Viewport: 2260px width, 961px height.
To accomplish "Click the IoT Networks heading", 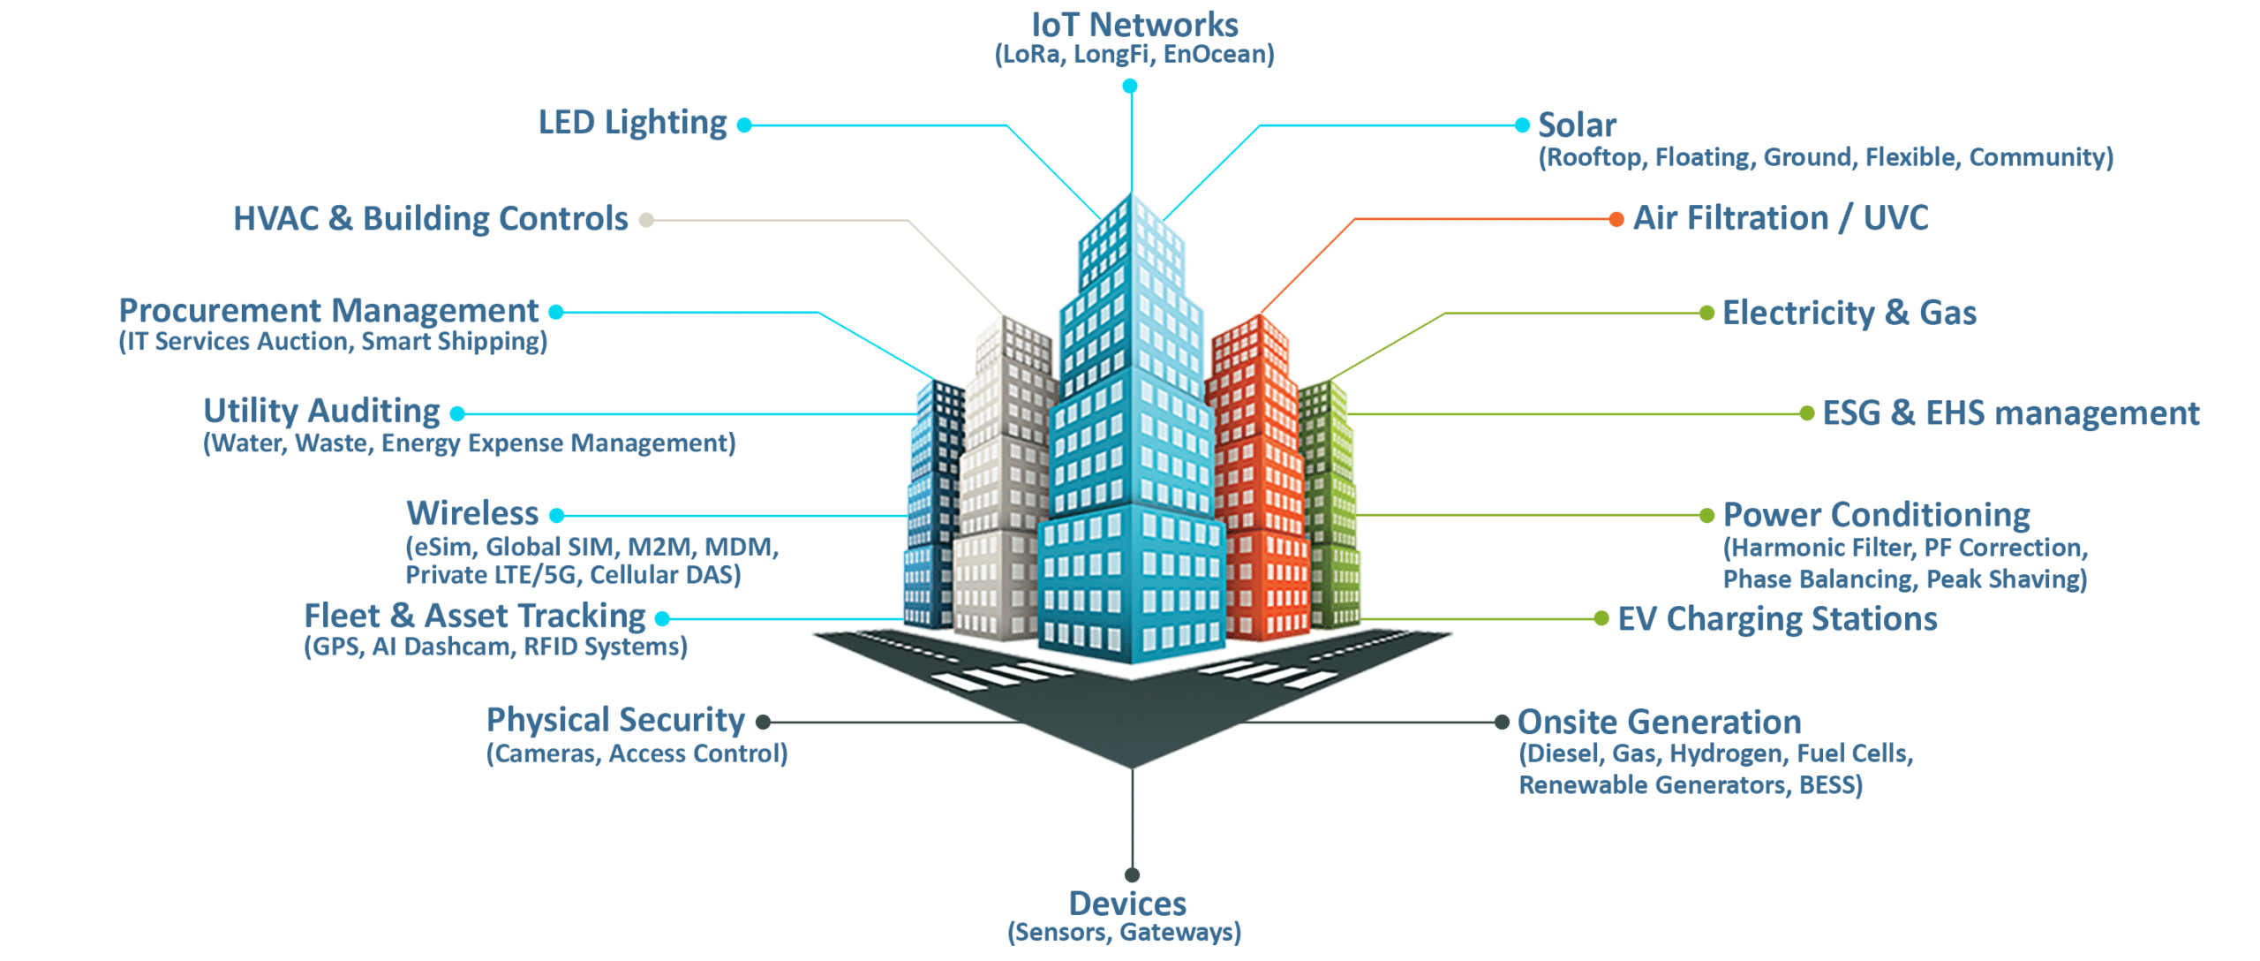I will pyautogui.click(x=1134, y=25).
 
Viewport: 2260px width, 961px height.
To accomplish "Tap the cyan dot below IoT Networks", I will pyautogui.click(x=1129, y=86).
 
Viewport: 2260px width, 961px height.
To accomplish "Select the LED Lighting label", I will pyautogui.click(x=632, y=123).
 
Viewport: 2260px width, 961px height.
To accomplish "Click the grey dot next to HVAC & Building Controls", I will pyautogui.click(x=646, y=220).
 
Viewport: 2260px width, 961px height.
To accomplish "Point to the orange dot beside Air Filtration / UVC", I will pyautogui.click(x=1616, y=219).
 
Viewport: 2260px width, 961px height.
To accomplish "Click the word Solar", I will pyautogui.click(x=1577, y=125).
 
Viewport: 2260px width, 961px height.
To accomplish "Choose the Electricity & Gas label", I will pyautogui.click(x=1849, y=313).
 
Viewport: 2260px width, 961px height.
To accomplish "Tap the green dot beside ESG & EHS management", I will pyautogui.click(x=1806, y=413).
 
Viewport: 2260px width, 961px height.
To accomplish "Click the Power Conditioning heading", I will pyautogui.click(x=1876, y=515).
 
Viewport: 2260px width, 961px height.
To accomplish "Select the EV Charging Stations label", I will pyautogui.click(x=1776, y=619).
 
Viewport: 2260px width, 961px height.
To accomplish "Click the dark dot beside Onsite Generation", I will pyautogui.click(x=1501, y=723).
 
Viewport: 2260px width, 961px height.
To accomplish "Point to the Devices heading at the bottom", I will pyautogui.click(x=1127, y=904).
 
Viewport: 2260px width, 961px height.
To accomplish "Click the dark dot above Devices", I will pyautogui.click(x=1132, y=874).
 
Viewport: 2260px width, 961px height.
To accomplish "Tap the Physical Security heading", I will pyautogui.click(x=615, y=720).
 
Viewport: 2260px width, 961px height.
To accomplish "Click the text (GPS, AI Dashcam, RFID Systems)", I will pyautogui.click(x=495, y=647).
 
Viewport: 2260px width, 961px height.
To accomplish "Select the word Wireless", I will pyautogui.click(x=472, y=513).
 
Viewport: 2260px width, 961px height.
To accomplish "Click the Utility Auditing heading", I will pyautogui.click(x=321, y=411).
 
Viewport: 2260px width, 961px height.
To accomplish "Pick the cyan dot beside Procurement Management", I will pyautogui.click(x=556, y=312).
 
